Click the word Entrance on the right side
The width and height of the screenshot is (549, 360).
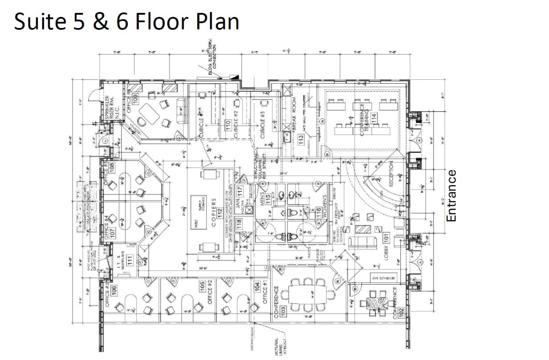click(452, 195)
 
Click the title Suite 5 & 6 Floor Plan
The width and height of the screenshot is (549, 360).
click(126, 21)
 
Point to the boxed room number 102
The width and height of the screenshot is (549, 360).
click(401, 312)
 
